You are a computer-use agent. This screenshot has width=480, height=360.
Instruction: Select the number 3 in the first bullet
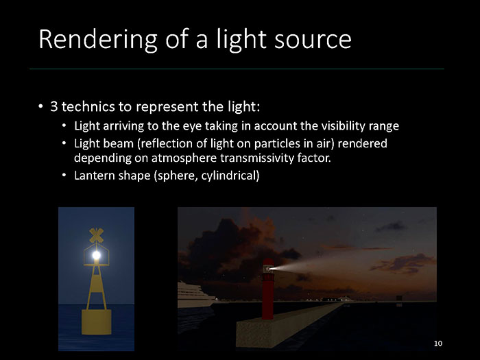(x=54, y=106)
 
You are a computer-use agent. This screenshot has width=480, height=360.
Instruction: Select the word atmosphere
(x=184, y=158)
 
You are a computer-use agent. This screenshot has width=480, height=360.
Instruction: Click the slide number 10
(x=438, y=344)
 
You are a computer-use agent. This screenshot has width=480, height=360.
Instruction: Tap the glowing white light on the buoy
(x=97, y=254)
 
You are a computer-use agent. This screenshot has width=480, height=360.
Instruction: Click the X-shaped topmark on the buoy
(x=96, y=235)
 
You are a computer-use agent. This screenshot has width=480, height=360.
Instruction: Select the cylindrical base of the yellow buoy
(x=97, y=322)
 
